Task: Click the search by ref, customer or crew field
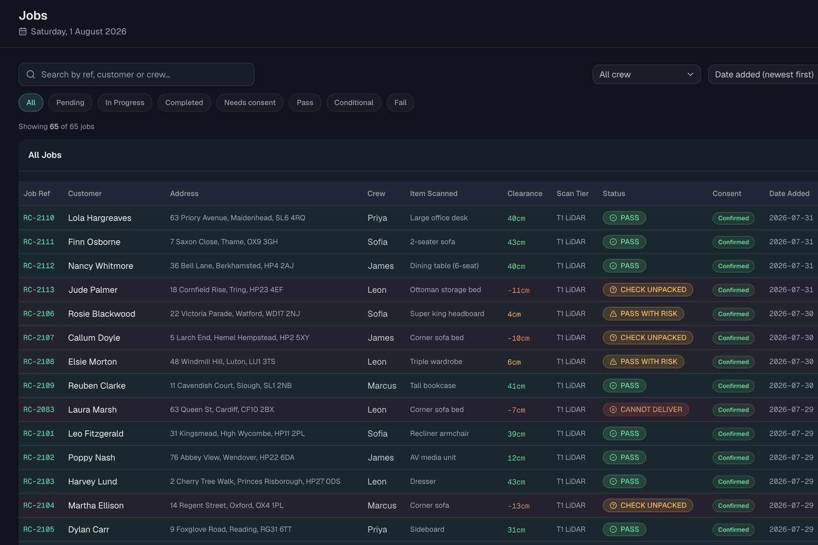point(136,75)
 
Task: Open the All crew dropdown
point(646,75)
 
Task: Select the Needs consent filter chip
point(250,103)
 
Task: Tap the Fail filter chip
point(400,103)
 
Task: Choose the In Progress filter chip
point(125,103)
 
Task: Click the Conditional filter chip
point(353,103)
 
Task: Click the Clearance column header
point(525,194)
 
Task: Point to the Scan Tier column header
point(572,194)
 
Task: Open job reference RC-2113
point(39,290)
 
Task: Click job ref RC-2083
point(39,410)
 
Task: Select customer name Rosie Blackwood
point(102,314)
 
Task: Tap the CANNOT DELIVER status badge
point(646,410)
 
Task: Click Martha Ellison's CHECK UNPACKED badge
point(648,506)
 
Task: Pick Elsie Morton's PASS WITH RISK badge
point(644,361)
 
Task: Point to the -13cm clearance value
point(518,506)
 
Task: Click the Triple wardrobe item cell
point(436,361)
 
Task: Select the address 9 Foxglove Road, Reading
point(231,529)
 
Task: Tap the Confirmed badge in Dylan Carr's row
point(733,530)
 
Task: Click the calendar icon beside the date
point(22,31)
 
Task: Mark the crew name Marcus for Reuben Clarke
point(381,385)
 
